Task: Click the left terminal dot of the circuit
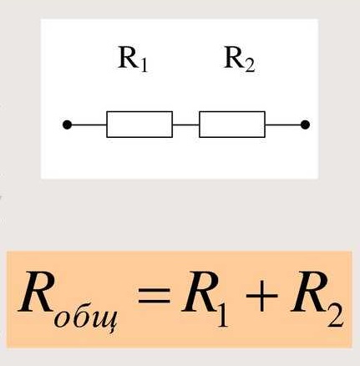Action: coord(67,125)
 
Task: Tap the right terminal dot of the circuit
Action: coord(305,125)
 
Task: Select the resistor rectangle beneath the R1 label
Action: coord(139,125)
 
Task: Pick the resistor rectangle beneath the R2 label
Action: coord(232,125)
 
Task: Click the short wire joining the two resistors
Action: coord(185,125)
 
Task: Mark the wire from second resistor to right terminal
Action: coord(283,125)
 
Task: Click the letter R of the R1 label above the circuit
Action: coord(128,58)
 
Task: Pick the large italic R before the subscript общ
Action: coord(36,292)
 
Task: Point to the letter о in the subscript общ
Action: coord(61,319)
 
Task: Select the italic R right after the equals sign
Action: coord(199,292)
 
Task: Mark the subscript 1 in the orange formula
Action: coord(222,313)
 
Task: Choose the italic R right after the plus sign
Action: coord(308,292)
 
